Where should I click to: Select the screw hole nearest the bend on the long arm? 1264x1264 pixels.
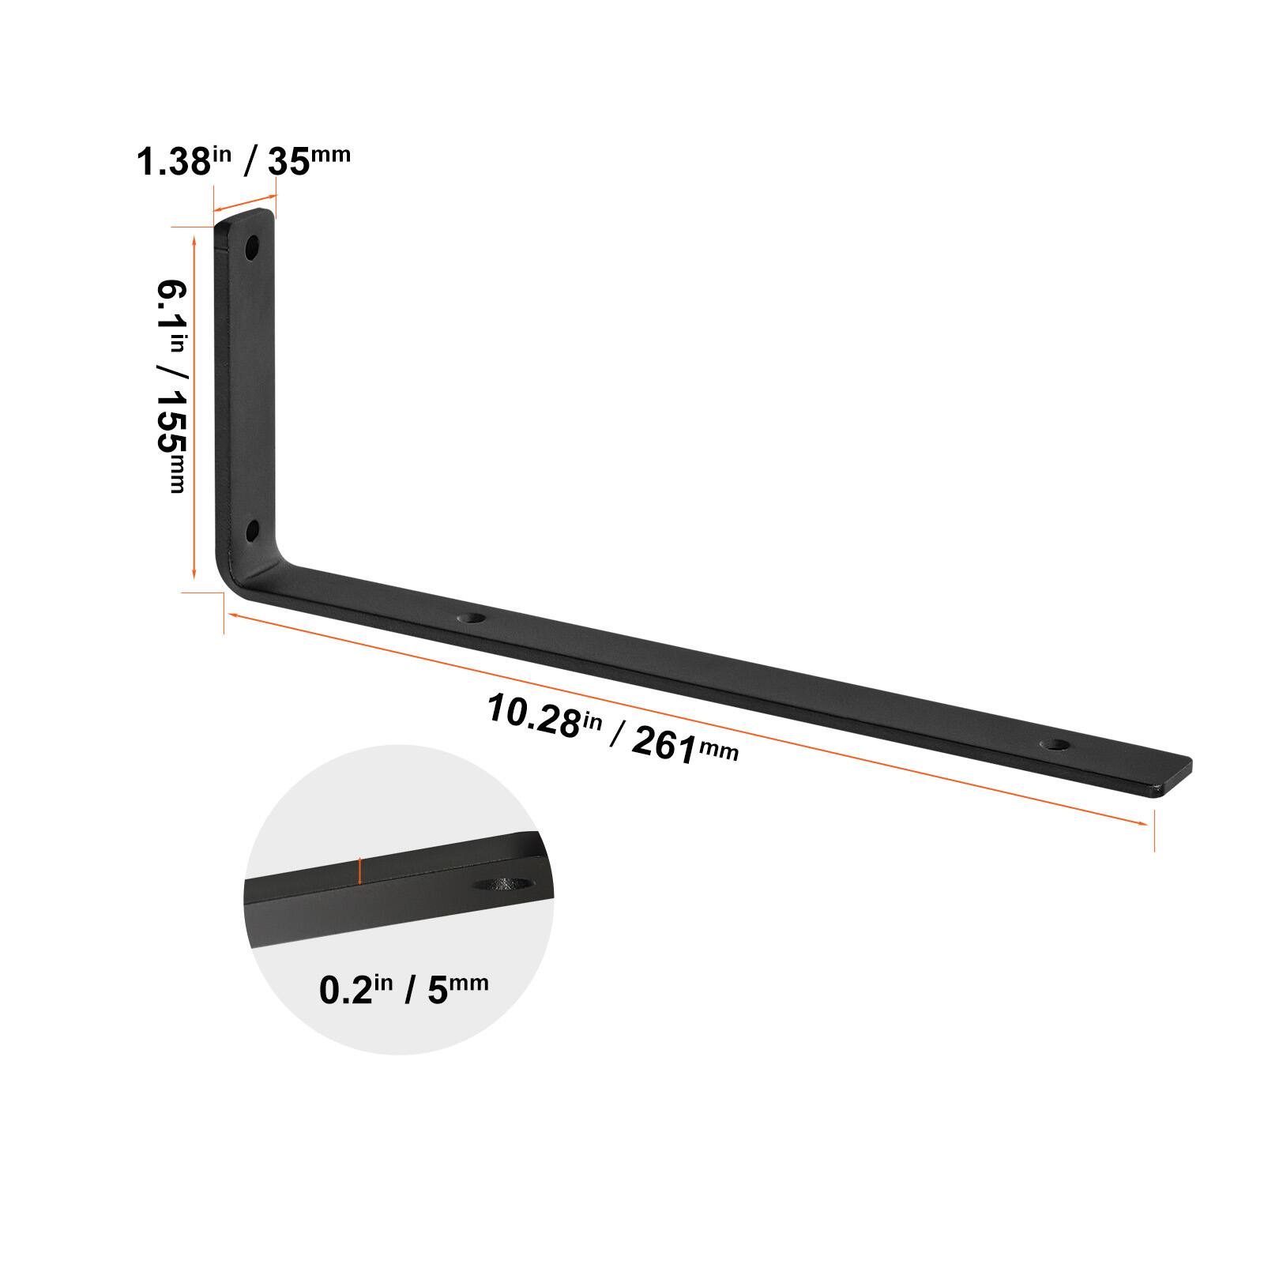tap(474, 618)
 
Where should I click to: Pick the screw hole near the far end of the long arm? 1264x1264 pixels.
tap(1055, 744)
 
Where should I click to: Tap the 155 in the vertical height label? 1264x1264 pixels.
tap(169, 431)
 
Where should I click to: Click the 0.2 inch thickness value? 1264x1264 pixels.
tap(344, 991)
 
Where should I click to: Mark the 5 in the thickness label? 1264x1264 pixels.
tap(438, 991)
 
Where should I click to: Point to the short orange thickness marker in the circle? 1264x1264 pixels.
tap(360, 871)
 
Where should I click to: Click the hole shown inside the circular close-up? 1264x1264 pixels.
tap(506, 884)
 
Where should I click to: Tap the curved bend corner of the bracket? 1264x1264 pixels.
tap(237, 573)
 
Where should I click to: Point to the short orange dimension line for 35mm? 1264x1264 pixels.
tap(245, 202)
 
